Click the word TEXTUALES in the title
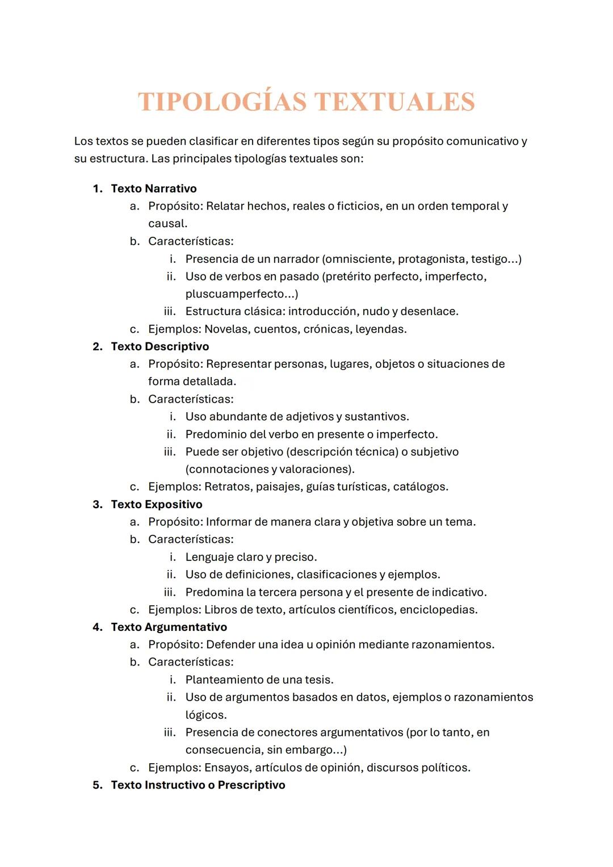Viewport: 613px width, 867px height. (x=394, y=102)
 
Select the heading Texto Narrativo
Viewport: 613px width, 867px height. (x=154, y=189)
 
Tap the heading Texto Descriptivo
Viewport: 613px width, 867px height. (x=160, y=346)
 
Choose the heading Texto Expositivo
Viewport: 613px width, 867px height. (x=157, y=504)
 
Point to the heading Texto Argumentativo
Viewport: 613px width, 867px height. (x=169, y=627)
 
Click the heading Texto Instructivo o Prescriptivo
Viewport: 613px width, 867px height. (x=198, y=785)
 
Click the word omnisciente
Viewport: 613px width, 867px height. (x=359, y=259)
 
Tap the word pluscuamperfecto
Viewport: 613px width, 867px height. (x=234, y=294)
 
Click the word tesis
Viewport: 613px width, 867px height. (x=318, y=680)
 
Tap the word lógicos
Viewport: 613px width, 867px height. (x=205, y=715)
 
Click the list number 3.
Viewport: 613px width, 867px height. (x=98, y=504)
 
